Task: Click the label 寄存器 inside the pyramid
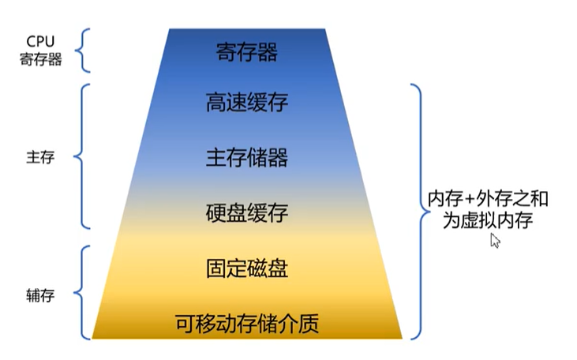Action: [246, 53]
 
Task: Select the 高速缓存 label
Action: [246, 103]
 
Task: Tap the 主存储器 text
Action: [246, 157]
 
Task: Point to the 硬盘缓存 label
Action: [246, 212]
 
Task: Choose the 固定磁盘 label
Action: [246, 268]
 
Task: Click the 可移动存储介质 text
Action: [246, 323]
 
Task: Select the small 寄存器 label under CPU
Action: [40, 59]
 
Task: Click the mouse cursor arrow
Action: [495, 240]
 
